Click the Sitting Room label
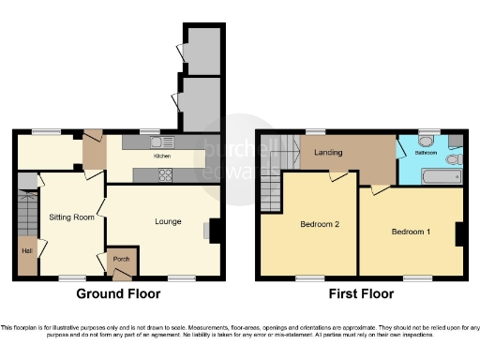pyautogui.click(x=72, y=217)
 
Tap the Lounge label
pyautogui.click(x=168, y=221)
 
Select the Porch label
pyautogui.click(x=120, y=259)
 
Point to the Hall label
pyautogui.click(x=23, y=250)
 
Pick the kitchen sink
pyautogui.click(x=157, y=142)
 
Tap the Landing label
pyautogui.click(x=327, y=152)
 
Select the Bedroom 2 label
pyautogui.click(x=319, y=224)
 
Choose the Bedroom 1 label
pyautogui.click(x=411, y=231)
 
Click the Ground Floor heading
pyautogui.click(x=118, y=292)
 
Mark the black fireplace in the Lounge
pyautogui.click(x=215, y=230)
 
